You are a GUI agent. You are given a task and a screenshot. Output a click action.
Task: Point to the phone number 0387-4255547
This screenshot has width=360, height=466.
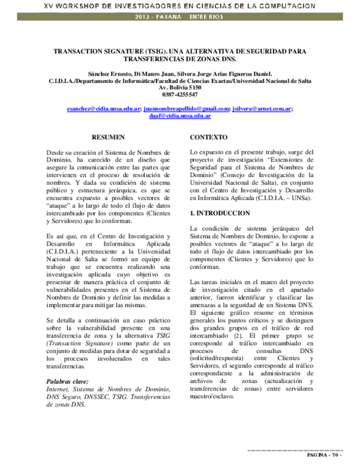click(x=180, y=94)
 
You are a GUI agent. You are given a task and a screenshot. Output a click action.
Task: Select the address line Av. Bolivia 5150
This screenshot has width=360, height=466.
click(x=180, y=87)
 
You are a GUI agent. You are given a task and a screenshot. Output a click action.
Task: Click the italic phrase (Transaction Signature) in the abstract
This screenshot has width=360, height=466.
click(x=78, y=341)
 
